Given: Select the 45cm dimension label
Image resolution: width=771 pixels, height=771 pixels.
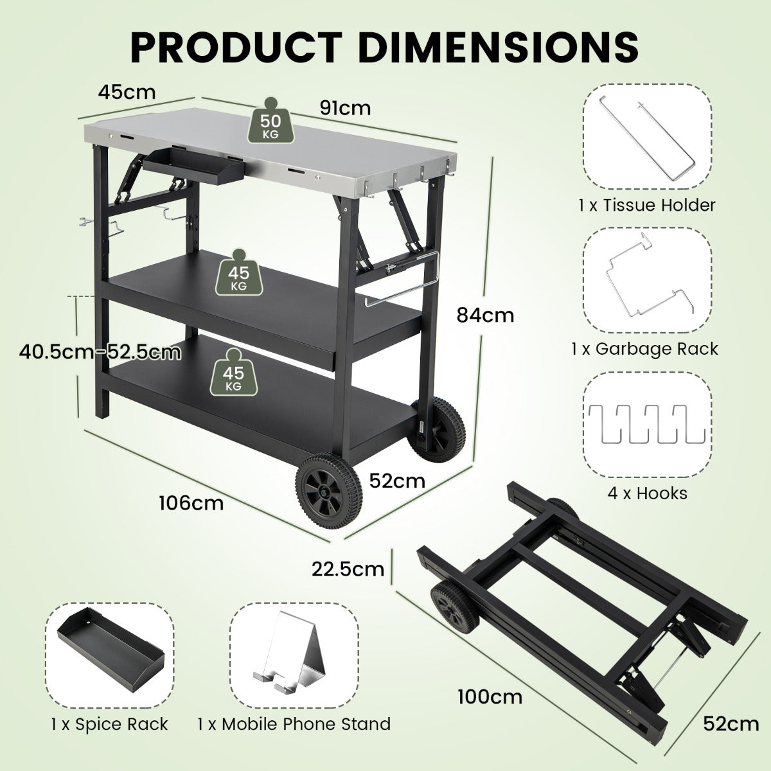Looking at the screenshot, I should pyautogui.click(x=127, y=92).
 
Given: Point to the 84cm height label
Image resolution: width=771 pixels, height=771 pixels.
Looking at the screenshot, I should pyautogui.click(x=485, y=315).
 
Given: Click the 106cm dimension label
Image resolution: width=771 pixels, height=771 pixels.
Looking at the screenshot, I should pyautogui.click(x=191, y=502).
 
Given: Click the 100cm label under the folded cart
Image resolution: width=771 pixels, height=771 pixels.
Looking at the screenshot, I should pyautogui.click(x=490, y=696).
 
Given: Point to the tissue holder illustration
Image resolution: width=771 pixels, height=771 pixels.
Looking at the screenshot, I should pyautogui.click(x=646, y=141).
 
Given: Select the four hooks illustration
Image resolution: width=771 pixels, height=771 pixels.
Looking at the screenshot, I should pyautogui.click(x=646, y=424).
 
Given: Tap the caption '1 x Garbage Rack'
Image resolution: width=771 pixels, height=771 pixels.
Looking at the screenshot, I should pyautogui.click(x=644, y=349).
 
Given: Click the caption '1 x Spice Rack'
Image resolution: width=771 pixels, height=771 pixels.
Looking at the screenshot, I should pyautogui.click(x=109, y=724).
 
